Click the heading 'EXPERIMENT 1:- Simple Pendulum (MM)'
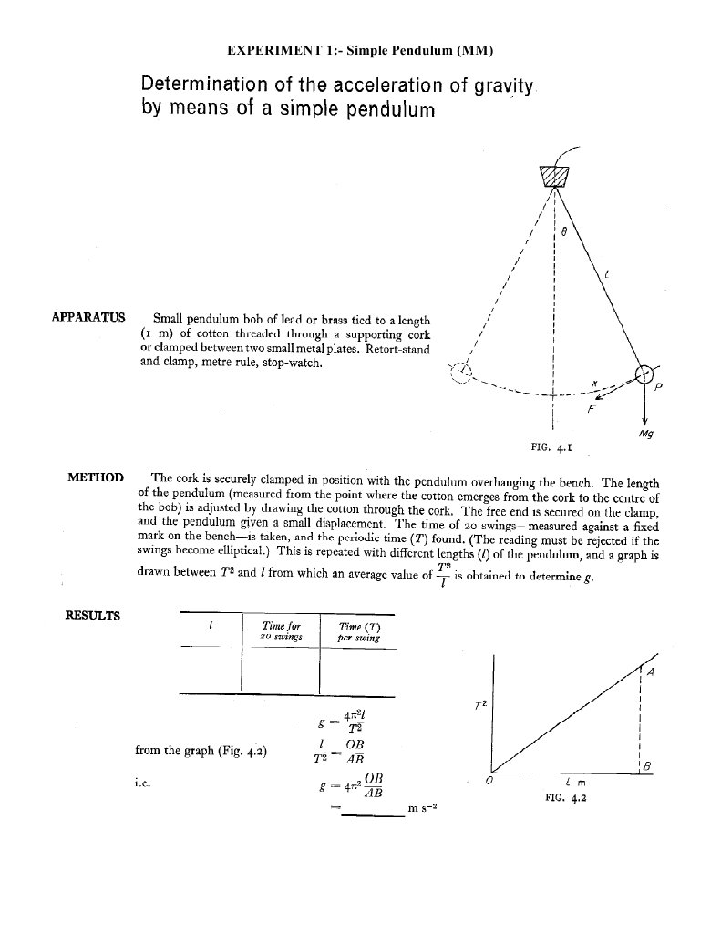point(360,49)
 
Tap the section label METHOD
point(95,476)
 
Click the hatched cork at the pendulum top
point(553,176)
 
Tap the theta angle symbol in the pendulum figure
point(564,233)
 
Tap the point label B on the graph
point(647,767)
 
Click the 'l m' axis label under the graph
point(574,783)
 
